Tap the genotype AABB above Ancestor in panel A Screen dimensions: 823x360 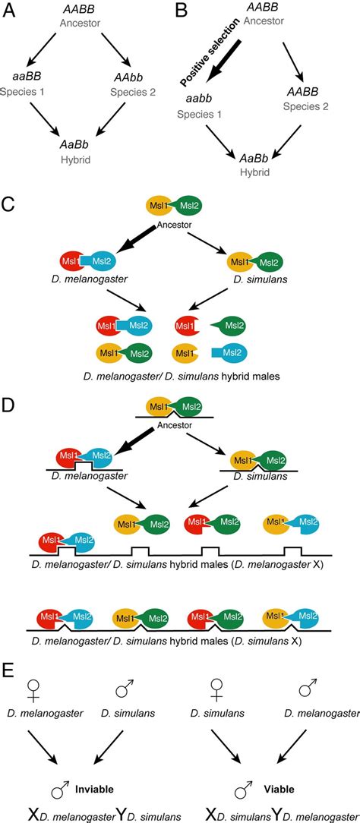coord(81,9)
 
